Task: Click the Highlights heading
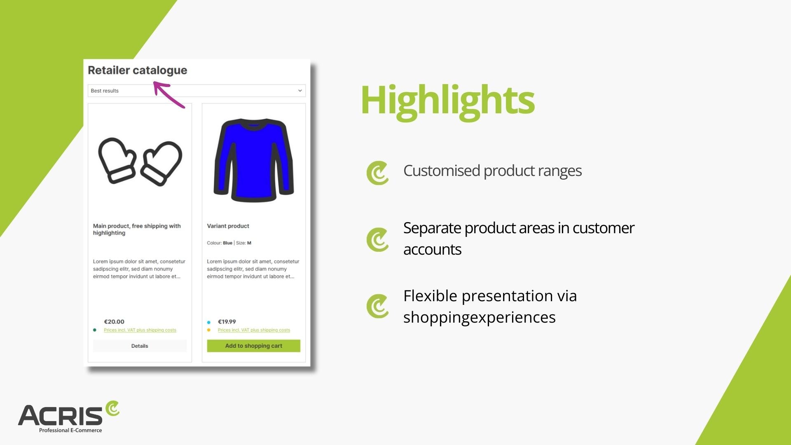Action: click(447, 100)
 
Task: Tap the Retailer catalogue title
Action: click(138, 70)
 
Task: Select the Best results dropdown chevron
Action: click(300, 91)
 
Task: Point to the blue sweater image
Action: click(254, 160)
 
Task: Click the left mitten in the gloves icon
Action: click(117, 160)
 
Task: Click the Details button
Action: click(140, 346)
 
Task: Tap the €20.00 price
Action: click(114, 322)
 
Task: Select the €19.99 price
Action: click(227, 322)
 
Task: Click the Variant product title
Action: click(228, 226)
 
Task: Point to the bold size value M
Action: click(249, 243)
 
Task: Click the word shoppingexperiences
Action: click(480, 318)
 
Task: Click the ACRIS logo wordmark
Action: click(60, 415)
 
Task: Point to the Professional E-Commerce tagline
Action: click(70, 430)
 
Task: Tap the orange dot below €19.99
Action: click(209, 330)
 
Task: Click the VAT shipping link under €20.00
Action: click(140, 330)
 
